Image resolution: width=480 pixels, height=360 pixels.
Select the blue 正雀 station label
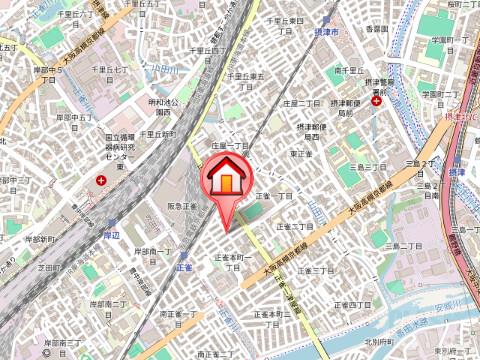pyautogui.click(x=184, y=268)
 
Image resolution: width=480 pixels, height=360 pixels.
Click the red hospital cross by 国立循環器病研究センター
pyautogui.click(x=102, y=179)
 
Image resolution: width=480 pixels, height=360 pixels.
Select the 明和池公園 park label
pyautogui.click(x=163, y=106)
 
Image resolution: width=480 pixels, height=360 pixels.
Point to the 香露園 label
pyautogui.click(x=377, y=30)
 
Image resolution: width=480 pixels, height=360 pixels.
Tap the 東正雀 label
pyautogui.click(x=304, y=154)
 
